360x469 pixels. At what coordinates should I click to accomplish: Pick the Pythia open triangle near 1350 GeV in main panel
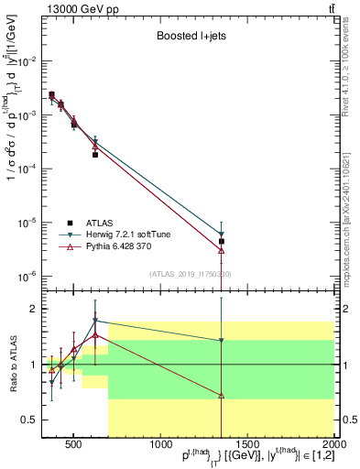[222, 249]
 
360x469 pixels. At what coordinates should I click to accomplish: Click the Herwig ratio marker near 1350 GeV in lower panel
[222, 341]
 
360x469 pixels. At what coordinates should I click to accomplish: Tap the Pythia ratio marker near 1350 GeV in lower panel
[222, 395]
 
